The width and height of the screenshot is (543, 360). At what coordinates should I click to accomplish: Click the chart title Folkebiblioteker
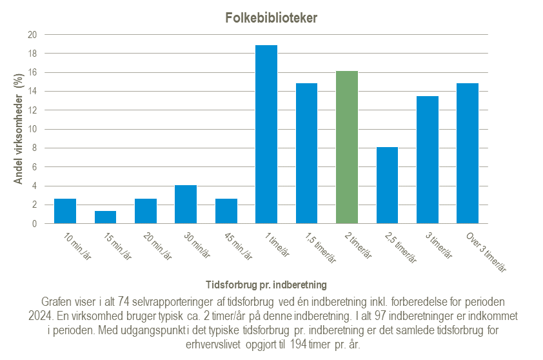coord(271,18)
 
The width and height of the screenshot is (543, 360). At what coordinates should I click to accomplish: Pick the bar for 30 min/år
coord(186,205)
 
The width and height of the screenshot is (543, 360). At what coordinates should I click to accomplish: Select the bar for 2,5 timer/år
coord(387,185)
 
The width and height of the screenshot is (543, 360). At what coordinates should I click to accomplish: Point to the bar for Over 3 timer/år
coord(468,154)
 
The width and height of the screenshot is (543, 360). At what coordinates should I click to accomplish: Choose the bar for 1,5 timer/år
coord(306,154)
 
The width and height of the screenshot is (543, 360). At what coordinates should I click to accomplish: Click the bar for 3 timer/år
coord(428,160)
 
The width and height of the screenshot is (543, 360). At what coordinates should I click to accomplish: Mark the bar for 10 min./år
coord(65,211)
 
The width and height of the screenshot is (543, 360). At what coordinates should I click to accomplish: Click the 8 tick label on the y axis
coord(34,148)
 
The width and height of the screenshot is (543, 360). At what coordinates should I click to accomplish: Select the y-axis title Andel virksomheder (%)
coord(19,129)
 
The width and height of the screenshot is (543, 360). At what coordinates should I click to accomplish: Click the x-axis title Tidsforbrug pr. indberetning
coord(266,284)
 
